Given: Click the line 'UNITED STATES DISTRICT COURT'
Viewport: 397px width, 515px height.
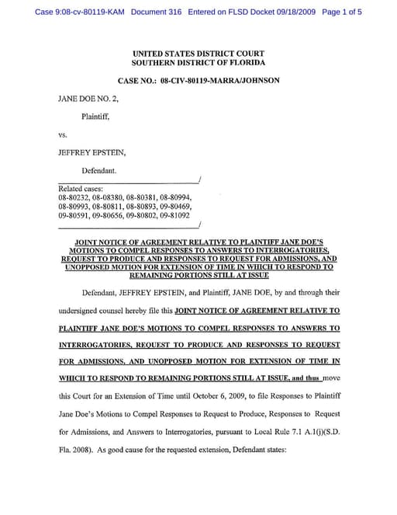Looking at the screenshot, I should [x=198, y=53].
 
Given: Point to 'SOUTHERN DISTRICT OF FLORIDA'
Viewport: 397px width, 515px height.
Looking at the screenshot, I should [x=198, y=62].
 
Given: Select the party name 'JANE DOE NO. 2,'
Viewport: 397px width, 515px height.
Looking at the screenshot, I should [x=87, y=99].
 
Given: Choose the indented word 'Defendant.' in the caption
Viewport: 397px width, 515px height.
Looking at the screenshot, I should [x=99, y=169].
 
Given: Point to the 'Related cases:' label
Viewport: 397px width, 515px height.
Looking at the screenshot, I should [x=81, y=189].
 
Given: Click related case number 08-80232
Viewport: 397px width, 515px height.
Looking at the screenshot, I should [x=73, y=198].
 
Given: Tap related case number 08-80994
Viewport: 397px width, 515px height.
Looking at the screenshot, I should [x=174, y=198].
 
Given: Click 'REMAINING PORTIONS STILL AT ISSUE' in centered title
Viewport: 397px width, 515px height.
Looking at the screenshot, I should [x=198, y=274].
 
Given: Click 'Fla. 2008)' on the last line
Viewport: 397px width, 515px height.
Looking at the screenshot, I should [x=76, y=450].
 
